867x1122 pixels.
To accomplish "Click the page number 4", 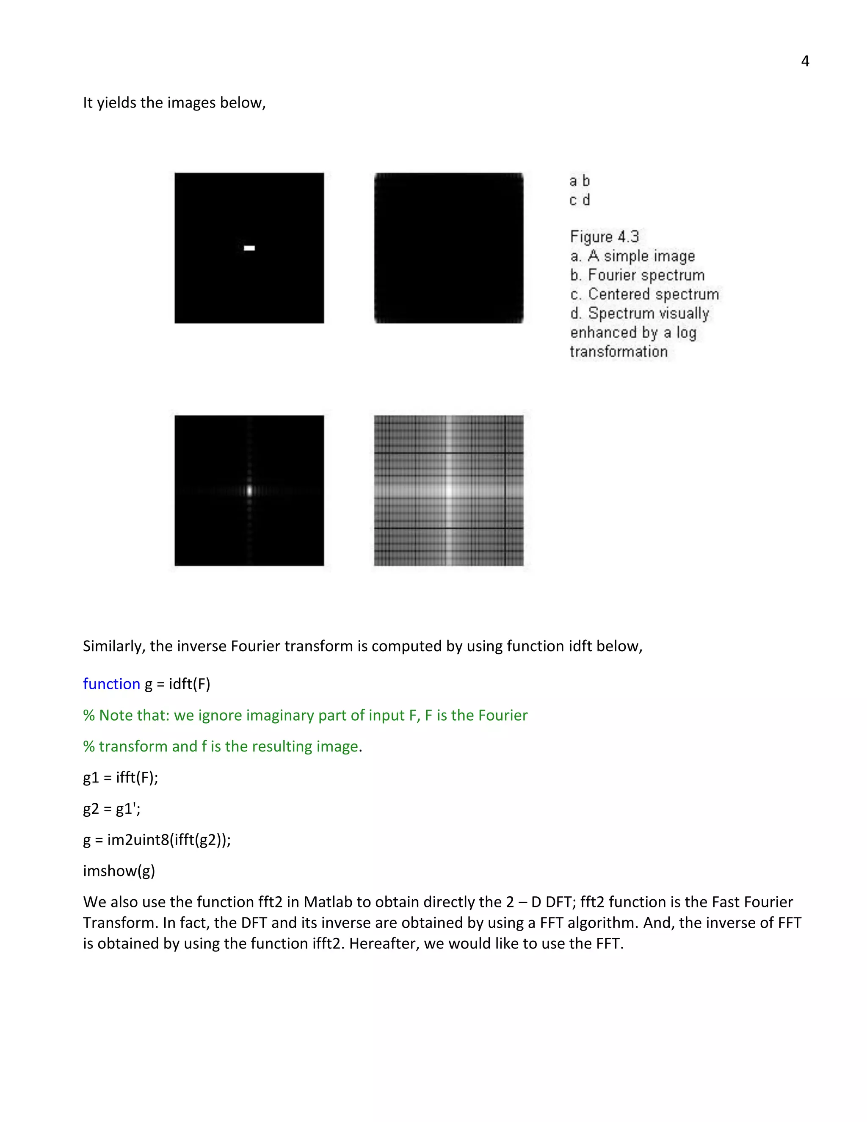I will coord(805,61).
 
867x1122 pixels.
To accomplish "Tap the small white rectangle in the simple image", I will coord(249,248).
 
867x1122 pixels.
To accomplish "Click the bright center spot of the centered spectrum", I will coord(250,490).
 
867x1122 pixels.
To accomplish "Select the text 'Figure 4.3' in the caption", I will coord(604,237).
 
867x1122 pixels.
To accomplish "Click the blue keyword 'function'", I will coord(111,684).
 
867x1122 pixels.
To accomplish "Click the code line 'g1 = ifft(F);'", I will coord(121,777).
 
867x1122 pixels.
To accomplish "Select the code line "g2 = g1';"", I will coord(111,809).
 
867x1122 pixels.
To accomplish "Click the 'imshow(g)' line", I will coord(119,871).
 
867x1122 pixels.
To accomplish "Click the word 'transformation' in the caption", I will coord(618,352).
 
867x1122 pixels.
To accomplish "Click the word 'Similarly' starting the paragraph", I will coord(113,646).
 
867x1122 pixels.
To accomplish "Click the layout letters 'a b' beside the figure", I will coord(580,181).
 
